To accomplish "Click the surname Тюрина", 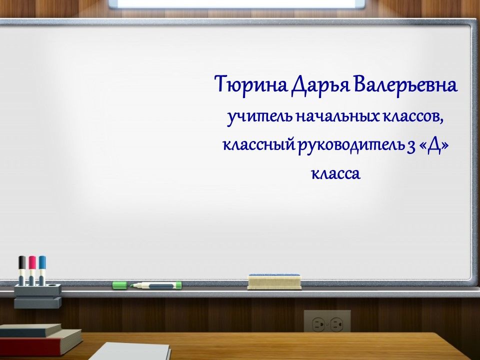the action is [251, 84].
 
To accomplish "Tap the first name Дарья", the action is [320, 85].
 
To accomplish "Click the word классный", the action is [259, 145].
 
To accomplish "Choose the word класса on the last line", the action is [335, 174].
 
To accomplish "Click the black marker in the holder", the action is [21, 270].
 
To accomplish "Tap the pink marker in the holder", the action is [32, 270].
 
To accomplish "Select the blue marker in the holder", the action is [42, 270].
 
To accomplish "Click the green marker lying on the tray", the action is [156, 285].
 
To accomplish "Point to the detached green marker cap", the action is [120, 285].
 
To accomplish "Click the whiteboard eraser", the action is [274, 281].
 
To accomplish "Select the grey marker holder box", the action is [37, 295].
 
